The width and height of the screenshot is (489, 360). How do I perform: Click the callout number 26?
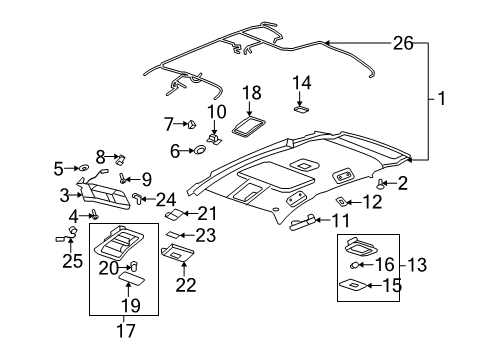pos(403,43)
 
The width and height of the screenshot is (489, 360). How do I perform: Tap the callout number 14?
pos(302,83)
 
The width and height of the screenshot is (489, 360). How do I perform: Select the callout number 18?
pos(252,93)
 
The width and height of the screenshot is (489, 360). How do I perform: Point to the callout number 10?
pos(217,112)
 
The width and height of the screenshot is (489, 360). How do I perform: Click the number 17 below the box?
pos(126,331)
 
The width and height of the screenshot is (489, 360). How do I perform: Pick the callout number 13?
pos(417,265)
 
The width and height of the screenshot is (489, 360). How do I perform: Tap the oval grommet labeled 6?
pos(200,150)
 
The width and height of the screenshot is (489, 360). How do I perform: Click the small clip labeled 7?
pos(192,124)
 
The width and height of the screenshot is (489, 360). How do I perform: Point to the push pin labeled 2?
pos(381,184)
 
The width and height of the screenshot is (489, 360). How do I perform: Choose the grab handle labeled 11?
pos(303,222)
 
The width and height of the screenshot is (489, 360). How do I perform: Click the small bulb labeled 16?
pos(354,265)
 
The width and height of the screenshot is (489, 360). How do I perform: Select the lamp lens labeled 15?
pos(353,285)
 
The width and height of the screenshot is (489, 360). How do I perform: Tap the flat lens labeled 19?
pos(132,277)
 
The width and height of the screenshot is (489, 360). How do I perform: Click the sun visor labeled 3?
pos(103,193)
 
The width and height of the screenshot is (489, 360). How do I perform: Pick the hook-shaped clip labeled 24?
pos(138,197)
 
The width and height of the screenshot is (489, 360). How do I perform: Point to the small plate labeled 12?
pos(341,201)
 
